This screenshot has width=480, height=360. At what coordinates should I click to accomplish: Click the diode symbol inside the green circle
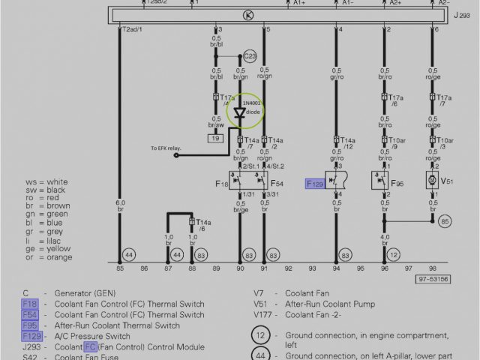(240, 113)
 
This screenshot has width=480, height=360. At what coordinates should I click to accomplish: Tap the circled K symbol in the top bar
(248, 15)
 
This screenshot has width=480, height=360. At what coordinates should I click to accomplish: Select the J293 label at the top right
(462, 15)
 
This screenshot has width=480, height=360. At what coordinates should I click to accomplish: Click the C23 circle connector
(250, 56)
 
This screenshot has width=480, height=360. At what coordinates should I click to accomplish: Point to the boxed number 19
(216, 139)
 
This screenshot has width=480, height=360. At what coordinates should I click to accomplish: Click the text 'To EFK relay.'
(166, 148)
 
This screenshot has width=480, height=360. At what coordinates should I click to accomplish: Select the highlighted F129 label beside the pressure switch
(315, 183)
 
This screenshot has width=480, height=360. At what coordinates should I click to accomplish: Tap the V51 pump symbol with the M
(432, 180)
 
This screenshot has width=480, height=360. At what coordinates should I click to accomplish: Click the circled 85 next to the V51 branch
(445, 221)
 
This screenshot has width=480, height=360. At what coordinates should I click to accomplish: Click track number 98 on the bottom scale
(432, 267)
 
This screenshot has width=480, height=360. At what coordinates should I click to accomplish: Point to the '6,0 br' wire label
(120, 206)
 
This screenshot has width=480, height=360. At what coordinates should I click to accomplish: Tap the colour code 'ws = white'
(46, 182)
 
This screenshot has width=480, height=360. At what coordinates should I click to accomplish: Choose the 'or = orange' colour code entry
(49, 257)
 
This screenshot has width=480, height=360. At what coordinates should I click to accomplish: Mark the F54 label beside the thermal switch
(277, 183)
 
